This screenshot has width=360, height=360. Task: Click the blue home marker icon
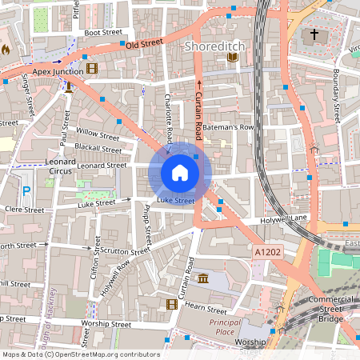click(x=179, y=172)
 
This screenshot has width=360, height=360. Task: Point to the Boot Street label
click(x=103, y=33)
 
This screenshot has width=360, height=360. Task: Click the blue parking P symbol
click(x=26, y=191)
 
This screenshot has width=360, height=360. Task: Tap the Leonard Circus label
click(x=61, y=166)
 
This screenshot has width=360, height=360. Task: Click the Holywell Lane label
click(x=285, y=218)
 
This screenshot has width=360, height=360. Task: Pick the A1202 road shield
click(x=267, y=252)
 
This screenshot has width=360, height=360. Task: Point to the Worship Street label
click(x=106, y=325)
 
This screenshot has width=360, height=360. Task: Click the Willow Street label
click(x=97, y=131)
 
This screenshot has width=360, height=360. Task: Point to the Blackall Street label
click(x=98, y=149)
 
